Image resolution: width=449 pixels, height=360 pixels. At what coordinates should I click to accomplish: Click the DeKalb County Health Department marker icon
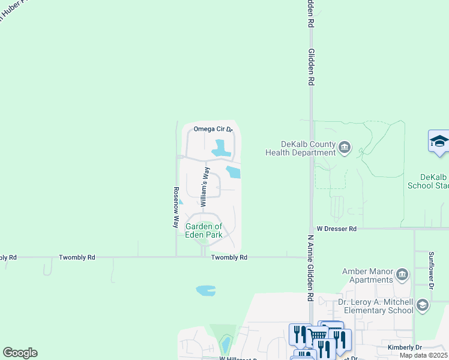pyautogui.click(x=345, y=148)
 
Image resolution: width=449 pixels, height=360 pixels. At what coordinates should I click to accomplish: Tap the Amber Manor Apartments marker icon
pyautogui.click(x=402, y=275)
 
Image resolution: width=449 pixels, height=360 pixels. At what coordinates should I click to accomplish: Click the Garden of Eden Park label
pyautogui.click(x=203, y=230)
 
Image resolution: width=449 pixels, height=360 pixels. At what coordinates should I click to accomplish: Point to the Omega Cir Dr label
pyautogui.click(x=212, y=129)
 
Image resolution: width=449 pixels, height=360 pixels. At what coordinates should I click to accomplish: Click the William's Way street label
pyautogui.click(x=205, y=189)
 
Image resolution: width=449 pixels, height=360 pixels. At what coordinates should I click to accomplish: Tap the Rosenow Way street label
pyautogui.click(x=176, y=207)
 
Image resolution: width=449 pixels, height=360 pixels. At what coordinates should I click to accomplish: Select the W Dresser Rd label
pyautogui.click(x=336, y=229)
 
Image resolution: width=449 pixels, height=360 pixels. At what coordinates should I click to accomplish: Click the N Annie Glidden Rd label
pyautogui.click(x=310, y=268)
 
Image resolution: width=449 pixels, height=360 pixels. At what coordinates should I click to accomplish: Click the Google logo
pyautogui.click(x=20, y=353)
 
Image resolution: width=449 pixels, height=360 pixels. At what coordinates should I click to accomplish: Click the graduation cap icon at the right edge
pyautogui.click(x=439, y=142)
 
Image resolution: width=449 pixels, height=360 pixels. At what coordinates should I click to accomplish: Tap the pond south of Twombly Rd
pyautogui.click(x=205, y=291)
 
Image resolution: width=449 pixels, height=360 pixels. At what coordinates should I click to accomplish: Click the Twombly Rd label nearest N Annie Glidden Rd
pyautogui.click(x=229, y=257)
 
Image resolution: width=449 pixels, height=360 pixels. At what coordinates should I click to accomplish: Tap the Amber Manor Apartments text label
pyautogui.click(x=367, y=275)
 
